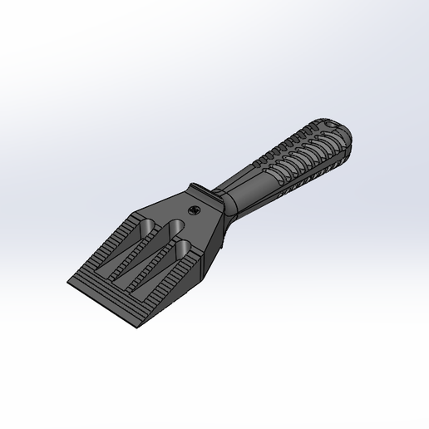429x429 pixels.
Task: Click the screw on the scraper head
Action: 194,210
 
